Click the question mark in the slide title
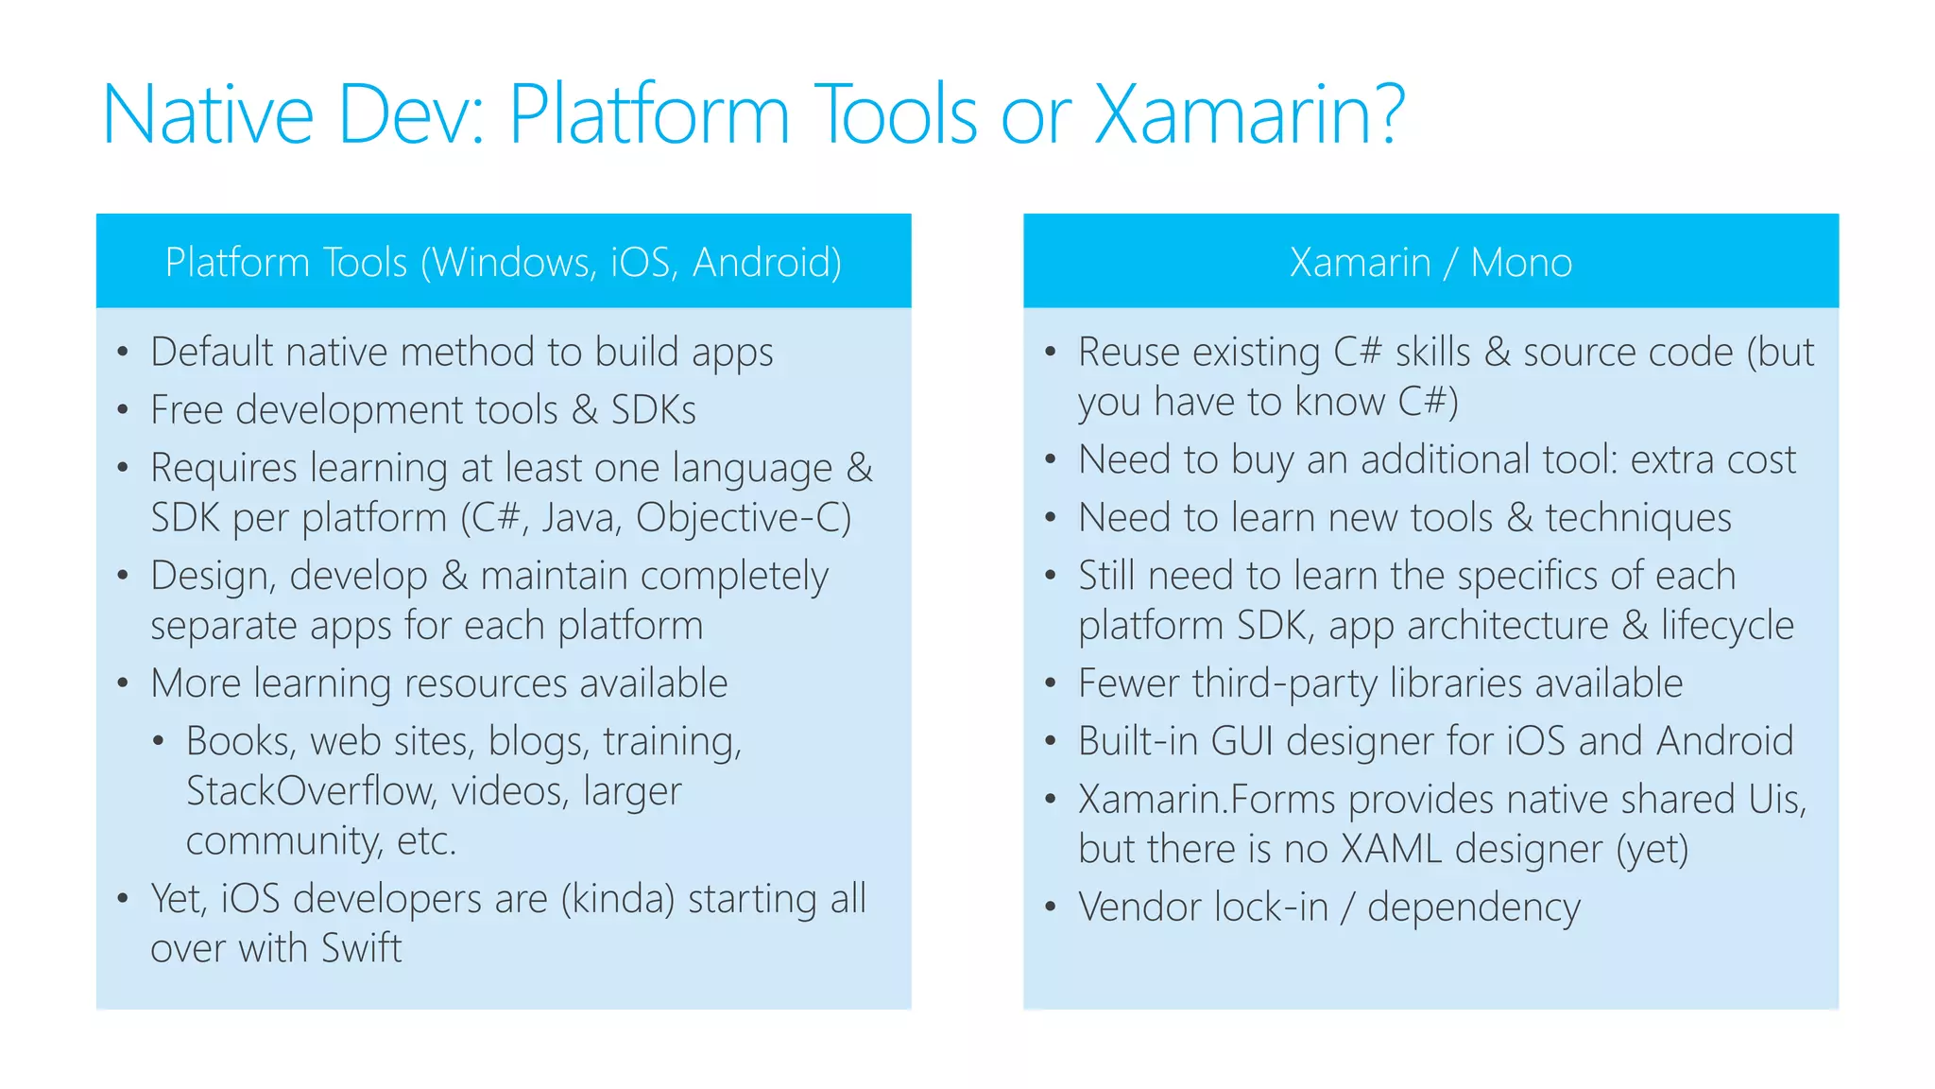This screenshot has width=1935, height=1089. pyautogui.click(x=1384, y=114)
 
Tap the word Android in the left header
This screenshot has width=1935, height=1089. pyautogui.click(x=766, y=262)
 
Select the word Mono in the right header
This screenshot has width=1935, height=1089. pyautogui.click(x=1521, y=262)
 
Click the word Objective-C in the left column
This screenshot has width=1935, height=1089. pyautogui.click(x=744, y=518)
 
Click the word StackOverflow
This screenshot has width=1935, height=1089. pyautogui.click(x=308, y=790)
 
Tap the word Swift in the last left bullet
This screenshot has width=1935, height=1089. pyautogui.click(x=362, y=947)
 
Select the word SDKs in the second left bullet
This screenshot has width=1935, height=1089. pyautogui.click(x=653, y=410)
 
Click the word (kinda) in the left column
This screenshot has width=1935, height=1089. pyautogui.click(x=618, y=898)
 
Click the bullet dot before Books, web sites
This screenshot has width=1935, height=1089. pyautogui.click(x=159, y=741)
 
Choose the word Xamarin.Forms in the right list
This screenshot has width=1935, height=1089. pyautogui.click(x=1207, y=800)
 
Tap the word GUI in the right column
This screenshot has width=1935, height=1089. pyautogui.click(x=1241, y=741)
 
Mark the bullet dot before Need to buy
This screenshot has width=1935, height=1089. pyautogui.click(x=1050, y=460)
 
